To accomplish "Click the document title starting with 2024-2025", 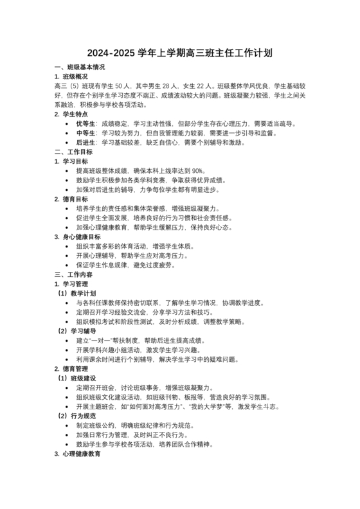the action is (x=179, y=53).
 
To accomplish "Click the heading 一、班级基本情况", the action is (x=80, y=67).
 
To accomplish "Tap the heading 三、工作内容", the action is (x=73, y=274).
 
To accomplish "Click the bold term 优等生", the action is (x=86, y=123).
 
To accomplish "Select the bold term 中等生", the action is (x=86, y=133).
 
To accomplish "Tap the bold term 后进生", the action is (x=86, y=143).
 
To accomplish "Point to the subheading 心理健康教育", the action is (x=83, y=454).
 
